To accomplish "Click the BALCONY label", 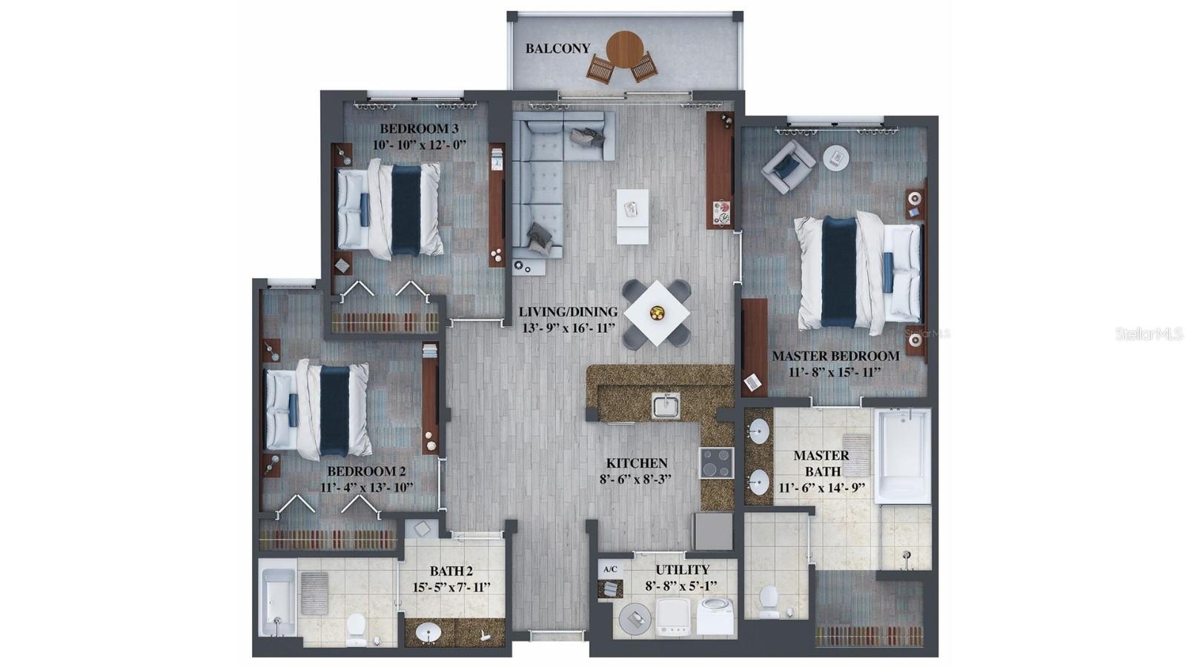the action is click(557, 48).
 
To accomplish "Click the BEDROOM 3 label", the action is click(419, 129).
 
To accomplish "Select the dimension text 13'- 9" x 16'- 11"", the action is click(569, 328).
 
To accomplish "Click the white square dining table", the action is click(657, 313).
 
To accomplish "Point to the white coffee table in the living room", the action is click(632, 216).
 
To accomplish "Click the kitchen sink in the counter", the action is click(666, 406).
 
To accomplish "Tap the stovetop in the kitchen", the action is click(717, 462).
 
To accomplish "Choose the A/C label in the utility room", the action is click(611, 570).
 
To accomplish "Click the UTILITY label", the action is click(683, 570).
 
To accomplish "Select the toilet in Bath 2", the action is click(357, 629).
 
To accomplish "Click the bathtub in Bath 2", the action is click(278, 603).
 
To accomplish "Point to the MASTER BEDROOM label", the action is click(835, 356).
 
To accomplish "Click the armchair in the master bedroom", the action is click(788, 166).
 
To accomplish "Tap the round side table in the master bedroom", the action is click(836, 158).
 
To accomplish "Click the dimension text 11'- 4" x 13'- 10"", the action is click(366, 488).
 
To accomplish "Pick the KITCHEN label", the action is click(637, 463).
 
